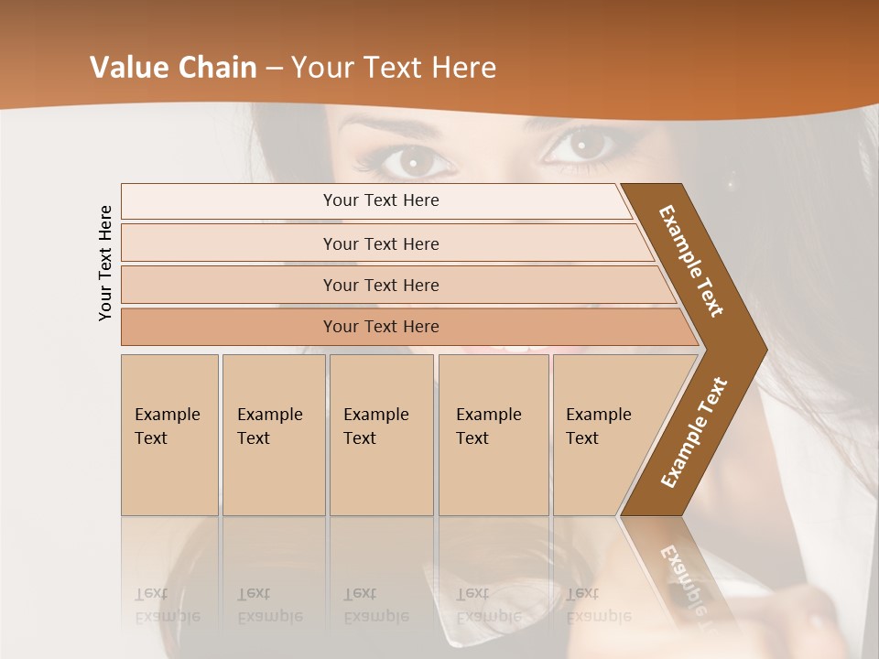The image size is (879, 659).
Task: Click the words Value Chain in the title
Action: [x=174, y=68]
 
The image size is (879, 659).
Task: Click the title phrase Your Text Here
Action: [x=394, y=68]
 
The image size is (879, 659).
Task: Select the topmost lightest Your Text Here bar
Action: [x=380, y=200]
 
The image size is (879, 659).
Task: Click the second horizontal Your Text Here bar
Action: [x=380, y=243]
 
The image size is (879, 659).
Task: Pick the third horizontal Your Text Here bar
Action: [x=380, y=285]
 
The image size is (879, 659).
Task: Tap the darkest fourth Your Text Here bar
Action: [x=380, y=327]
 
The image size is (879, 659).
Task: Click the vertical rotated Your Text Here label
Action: [x=105, y=263]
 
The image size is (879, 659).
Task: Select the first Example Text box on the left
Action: [x=169, y=434]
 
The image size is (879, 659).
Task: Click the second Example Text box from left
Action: [x=273, y=434]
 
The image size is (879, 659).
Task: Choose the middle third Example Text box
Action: [x=381, y=434]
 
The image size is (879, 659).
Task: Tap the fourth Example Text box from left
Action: [x=493, y=434]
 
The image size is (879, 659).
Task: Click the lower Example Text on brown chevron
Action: [x=694, y=432]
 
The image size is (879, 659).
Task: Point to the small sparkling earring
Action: [x=730, y=185]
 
